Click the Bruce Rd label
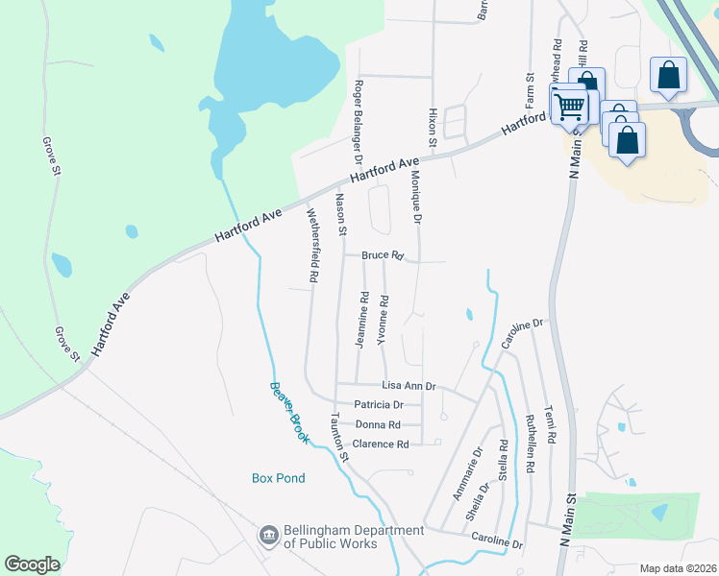click(384, 255)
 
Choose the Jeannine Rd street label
click(363, 319)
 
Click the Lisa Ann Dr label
click(409, 386)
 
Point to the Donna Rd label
click(378, 424)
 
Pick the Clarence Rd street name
click(381, 444)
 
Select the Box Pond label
click(278, 478)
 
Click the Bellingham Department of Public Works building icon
click(269, 535)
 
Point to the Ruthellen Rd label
click(530, 444)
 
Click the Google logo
click(32, 564)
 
